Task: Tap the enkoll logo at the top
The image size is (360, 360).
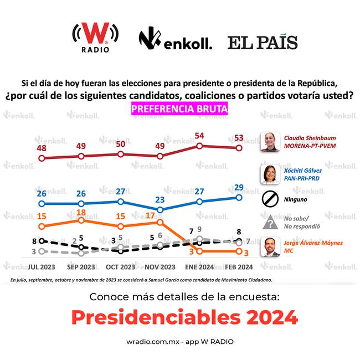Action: pos(175,40)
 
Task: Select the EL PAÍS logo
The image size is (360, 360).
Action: pos(263,42)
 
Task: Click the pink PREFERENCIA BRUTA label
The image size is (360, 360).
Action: pos(179,109)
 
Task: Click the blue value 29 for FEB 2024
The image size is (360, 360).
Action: pos(239,187)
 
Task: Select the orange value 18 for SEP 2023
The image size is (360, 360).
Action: pos(81,212)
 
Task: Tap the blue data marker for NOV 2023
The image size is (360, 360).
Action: pos(160,210)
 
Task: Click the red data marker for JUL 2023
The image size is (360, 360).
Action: pos(42,158)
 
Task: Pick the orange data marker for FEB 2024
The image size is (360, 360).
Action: pos(239,251)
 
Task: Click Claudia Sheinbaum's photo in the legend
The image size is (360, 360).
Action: pos(270,142)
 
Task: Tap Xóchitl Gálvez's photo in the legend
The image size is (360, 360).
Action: pos(270,174)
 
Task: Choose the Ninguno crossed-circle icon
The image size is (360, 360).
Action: pos(270,198)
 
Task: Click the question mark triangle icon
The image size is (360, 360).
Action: pos(270,223)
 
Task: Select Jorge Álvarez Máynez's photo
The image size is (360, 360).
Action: pos(270,246)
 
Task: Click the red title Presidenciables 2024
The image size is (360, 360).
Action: pos(184,317)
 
